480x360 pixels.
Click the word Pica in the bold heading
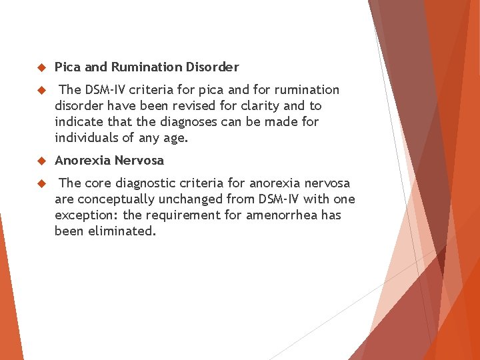67,67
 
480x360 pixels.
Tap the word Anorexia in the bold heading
83,160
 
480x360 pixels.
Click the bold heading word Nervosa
139,160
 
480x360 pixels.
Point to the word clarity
263,106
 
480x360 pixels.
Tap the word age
178,139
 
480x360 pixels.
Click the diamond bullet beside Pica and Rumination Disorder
40,67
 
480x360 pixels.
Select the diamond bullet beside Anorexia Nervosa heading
40,161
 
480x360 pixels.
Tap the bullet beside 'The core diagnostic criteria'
40,183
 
